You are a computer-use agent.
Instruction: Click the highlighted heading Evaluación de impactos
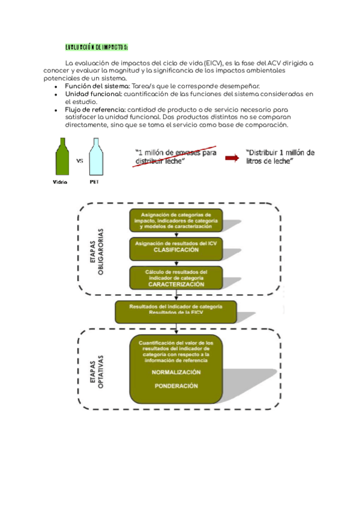[x=96, y=47]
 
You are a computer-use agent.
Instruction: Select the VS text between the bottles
[x=79, y=161]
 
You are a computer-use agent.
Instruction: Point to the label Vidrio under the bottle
[x=61, y=181]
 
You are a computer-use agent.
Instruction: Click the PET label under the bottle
[x=94, y=181]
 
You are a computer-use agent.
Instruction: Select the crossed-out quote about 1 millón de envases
[x=176, y=157]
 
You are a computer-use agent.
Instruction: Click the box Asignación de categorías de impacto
[x=176, y=220]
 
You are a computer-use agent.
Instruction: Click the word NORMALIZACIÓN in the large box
[x=176, y=372]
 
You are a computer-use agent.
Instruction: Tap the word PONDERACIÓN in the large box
[x=176, y=386]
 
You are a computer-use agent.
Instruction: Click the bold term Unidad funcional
[x=94, y=94]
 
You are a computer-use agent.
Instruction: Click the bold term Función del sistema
[x=97, y=86]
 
